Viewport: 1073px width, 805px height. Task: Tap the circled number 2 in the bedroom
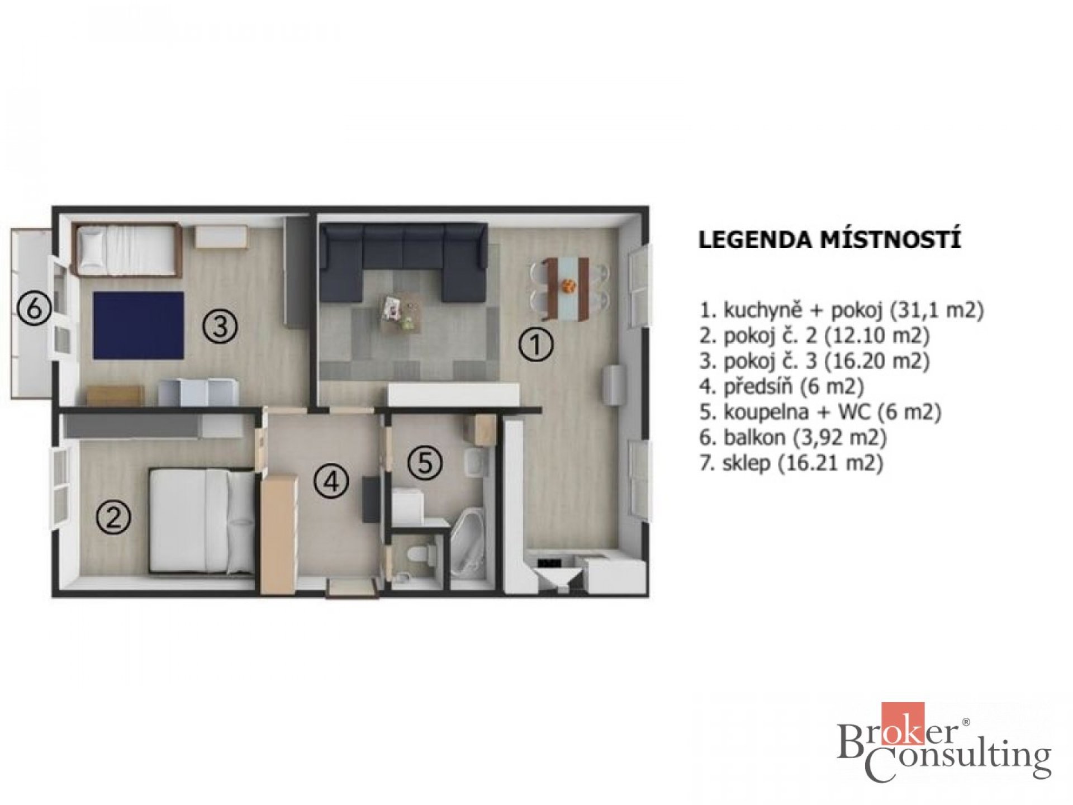(x=113, y=518)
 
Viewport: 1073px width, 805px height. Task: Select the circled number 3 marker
(x=220, y=326)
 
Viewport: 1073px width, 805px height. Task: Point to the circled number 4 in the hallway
(x=331, y=481)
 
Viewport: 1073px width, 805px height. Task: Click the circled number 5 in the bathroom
(x=425, y=463)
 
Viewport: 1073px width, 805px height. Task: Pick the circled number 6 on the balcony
(x=34, y=308)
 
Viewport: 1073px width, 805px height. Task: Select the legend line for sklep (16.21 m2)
(x=791, y=463)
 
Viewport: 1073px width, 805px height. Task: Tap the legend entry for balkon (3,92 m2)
(x=792, y=437)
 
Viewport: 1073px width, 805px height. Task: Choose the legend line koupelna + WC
(x=820, y=412)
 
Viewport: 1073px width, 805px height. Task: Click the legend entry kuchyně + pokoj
(x=841, y=309)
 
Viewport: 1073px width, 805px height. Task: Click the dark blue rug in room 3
(x=138, y=325)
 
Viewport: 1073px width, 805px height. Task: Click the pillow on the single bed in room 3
(x=89, y=246)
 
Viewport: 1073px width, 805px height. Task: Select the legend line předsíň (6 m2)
(x=781, y=386)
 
